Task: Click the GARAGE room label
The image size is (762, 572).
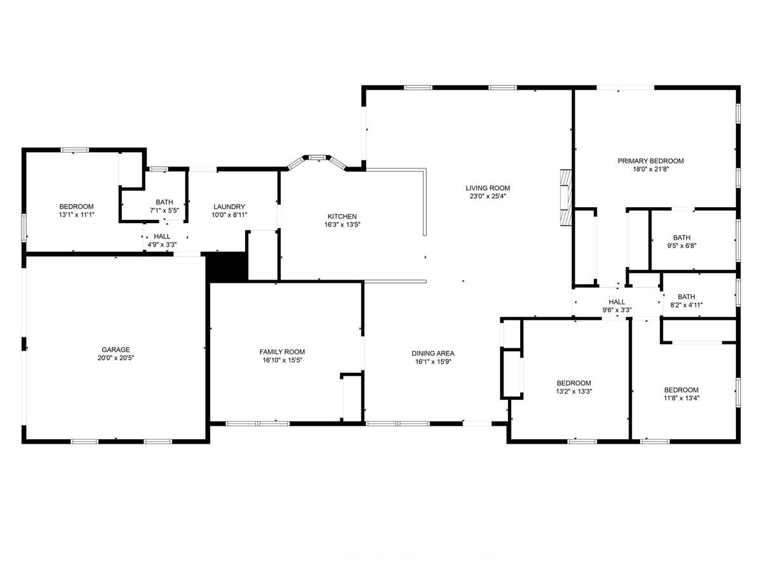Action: (x=116, y=350)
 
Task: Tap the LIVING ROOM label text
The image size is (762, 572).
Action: (x=488, y=188)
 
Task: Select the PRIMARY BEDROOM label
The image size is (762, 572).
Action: (x=650, y=161)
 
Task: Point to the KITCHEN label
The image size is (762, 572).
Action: (x=342, y=217)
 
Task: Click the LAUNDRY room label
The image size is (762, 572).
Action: (x=229, y=207)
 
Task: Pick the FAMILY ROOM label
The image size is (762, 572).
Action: (x=282, y=352)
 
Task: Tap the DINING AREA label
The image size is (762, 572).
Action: (x=433, y=354)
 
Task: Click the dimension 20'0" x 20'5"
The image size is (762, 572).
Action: (x=116, y=358)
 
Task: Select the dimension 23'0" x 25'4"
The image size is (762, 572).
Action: (x=488, y=196)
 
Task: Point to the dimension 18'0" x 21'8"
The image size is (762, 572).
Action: (x=650, y=170)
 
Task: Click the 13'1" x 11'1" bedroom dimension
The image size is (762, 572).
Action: (x=77, y=215)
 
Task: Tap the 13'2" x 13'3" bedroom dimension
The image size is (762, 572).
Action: (x=574, y=392)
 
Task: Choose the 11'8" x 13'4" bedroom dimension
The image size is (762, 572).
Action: (x=681, y=398)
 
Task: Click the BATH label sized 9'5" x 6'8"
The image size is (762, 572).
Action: (x=682, y=238)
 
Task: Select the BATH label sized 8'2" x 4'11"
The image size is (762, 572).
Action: (x=686, y=297)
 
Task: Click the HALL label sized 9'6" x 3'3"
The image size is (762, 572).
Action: (x=617, y=302)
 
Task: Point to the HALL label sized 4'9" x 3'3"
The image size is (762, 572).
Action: (x=162, y=236)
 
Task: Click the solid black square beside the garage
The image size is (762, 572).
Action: (x=227, y=268)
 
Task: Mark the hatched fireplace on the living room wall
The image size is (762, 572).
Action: (x=565, y=198)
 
